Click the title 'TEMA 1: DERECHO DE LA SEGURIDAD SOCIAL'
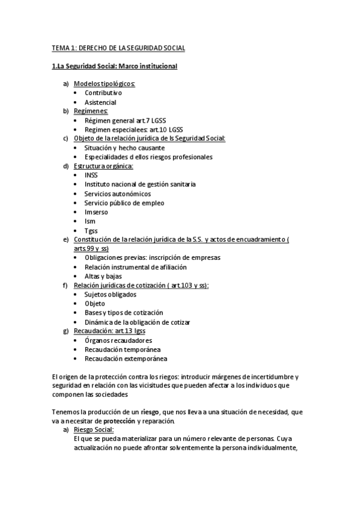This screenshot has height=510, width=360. pyautogui.click(x=118, y=48)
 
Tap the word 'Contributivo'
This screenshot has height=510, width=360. pyautogui.click(x=103, y=93)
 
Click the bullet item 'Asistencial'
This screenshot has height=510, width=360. pyautogui.click(x=100, y=102)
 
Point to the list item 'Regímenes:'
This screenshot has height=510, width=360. pyautogui.click(x=91, y=111)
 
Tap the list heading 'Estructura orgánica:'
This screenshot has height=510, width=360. pyautogui.click(x=103, y=166)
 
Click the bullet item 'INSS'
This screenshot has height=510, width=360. pyautogui.click(x=91, y=175)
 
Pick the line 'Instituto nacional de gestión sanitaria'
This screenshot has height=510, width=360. pyautogui.click(x=140, y=185)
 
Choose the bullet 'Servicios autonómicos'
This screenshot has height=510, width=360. pyautogui.click(x=117, y=194)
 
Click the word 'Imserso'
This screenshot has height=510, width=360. pyautogui.click(x=96, y=212)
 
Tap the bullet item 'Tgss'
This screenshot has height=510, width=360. pyautogui.click(x=91, y=230)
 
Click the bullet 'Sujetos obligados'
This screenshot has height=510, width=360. pyautogui.click(x=111, y=295)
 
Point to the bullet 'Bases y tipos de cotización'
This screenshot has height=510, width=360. pyautogui.click(x=124, y=313)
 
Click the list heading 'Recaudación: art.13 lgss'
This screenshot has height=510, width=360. pyautogui.click(x=109, y=331)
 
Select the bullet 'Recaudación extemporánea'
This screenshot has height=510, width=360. pyautogui.click(x=126, y=358)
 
